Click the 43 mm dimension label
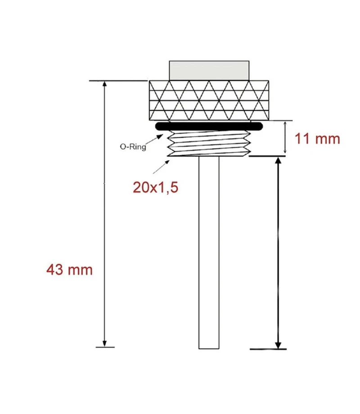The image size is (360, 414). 69,270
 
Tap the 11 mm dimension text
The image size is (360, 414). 317,139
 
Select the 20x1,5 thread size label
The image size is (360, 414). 156,188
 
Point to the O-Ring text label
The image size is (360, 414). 133,147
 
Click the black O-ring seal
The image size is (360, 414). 209,126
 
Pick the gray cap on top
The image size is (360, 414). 209,71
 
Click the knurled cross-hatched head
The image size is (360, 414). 209,100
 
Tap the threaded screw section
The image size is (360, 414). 209,144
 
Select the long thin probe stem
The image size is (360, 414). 209,253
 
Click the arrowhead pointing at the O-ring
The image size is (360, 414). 160,136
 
